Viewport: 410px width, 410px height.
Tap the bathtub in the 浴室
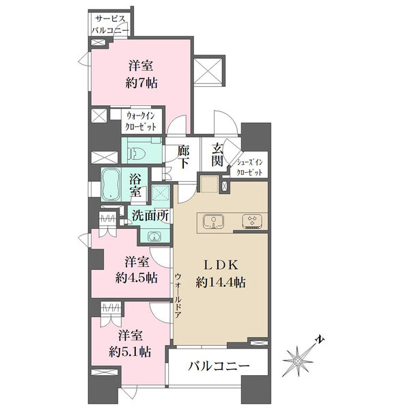(111, 184)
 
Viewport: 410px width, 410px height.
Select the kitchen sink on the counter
(214, 221)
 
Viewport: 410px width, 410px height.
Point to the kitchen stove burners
(252, 221)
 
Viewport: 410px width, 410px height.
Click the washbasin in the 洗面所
(155, 237)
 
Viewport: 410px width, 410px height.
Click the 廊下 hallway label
(184, 157)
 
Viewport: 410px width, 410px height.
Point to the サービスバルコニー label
(110, 25)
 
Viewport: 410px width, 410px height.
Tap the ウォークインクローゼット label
(141, 122)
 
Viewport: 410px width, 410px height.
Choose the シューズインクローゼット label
(249, 167)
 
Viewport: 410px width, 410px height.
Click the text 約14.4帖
(221, 282)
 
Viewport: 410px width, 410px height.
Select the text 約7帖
(141, 83)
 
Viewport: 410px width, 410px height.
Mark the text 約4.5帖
(137, 278)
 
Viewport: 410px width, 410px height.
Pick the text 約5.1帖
(130, 352)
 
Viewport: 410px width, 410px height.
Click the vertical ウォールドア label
(178, 295)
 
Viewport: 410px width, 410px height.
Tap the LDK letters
(221, 265)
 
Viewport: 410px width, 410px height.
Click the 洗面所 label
(150, 216)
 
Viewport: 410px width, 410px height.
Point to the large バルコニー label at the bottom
(219, 366)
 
